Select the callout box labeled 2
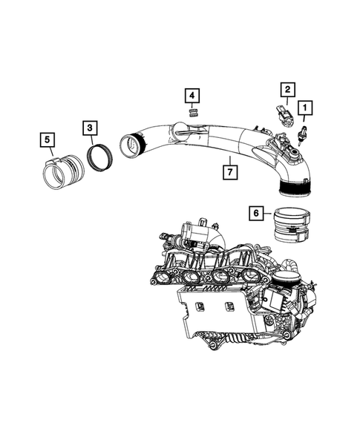point(285,90)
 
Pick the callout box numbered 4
point(192,95)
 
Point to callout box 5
point(46,139)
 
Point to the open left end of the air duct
point(133,144)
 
